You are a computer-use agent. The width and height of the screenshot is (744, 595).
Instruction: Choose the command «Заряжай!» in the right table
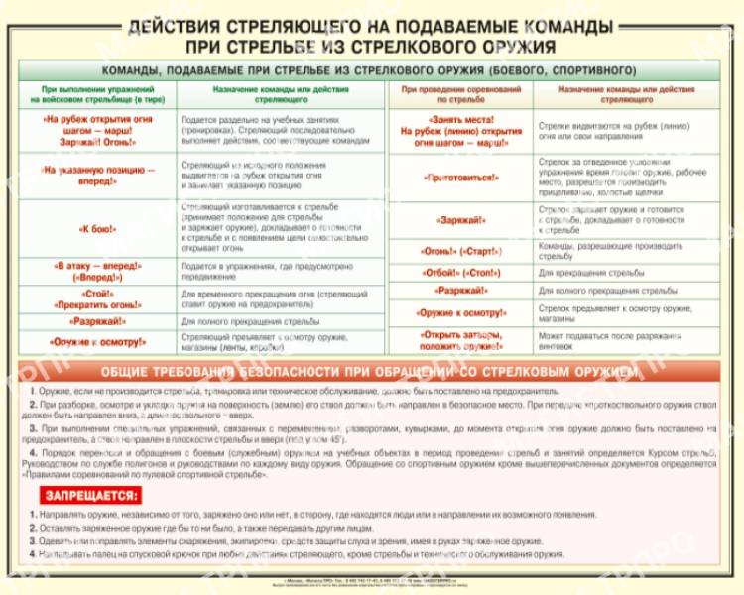tap(460, 220)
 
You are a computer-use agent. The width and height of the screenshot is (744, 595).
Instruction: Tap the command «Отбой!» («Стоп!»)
tap(460, 271)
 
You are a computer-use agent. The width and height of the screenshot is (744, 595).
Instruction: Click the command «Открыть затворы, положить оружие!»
tap(460, 340)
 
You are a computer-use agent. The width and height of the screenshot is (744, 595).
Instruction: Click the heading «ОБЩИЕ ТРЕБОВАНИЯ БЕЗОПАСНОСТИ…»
tap(371, 371)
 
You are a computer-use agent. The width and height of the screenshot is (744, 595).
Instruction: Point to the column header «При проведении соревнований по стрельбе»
tap(460, 94)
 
